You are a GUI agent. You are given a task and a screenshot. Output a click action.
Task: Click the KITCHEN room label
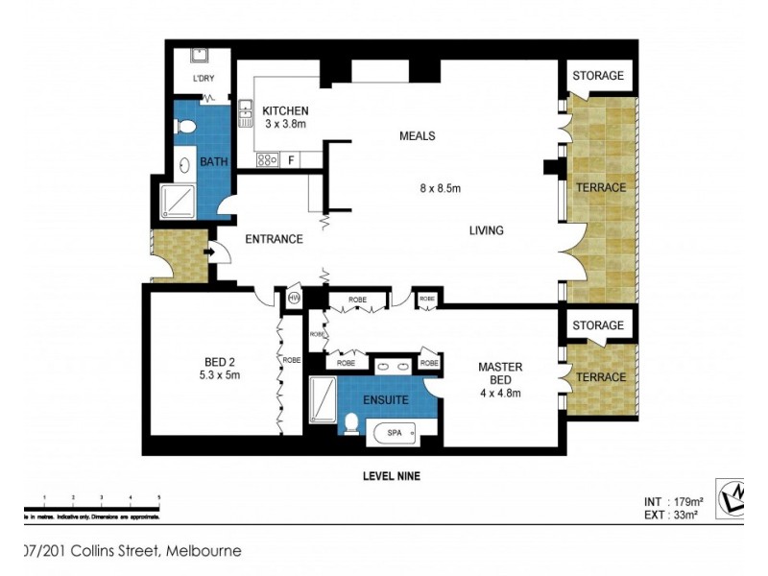point(285,111)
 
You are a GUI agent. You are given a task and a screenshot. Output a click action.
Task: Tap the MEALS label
point(417,136)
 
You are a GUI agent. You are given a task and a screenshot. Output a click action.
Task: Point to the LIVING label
point(486,230)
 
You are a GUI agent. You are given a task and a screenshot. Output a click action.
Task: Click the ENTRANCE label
point(274,239)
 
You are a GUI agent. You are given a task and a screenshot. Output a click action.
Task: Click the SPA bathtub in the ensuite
point(395,433)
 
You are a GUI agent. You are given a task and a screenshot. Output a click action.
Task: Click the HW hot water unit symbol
point(294,300)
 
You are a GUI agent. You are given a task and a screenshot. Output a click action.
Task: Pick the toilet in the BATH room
point(187,127)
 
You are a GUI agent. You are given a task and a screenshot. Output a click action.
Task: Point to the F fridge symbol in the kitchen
point(291,159)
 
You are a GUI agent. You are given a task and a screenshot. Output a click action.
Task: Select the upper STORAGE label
point(598,76)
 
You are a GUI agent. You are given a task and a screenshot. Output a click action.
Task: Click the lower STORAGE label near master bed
point(598,326)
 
